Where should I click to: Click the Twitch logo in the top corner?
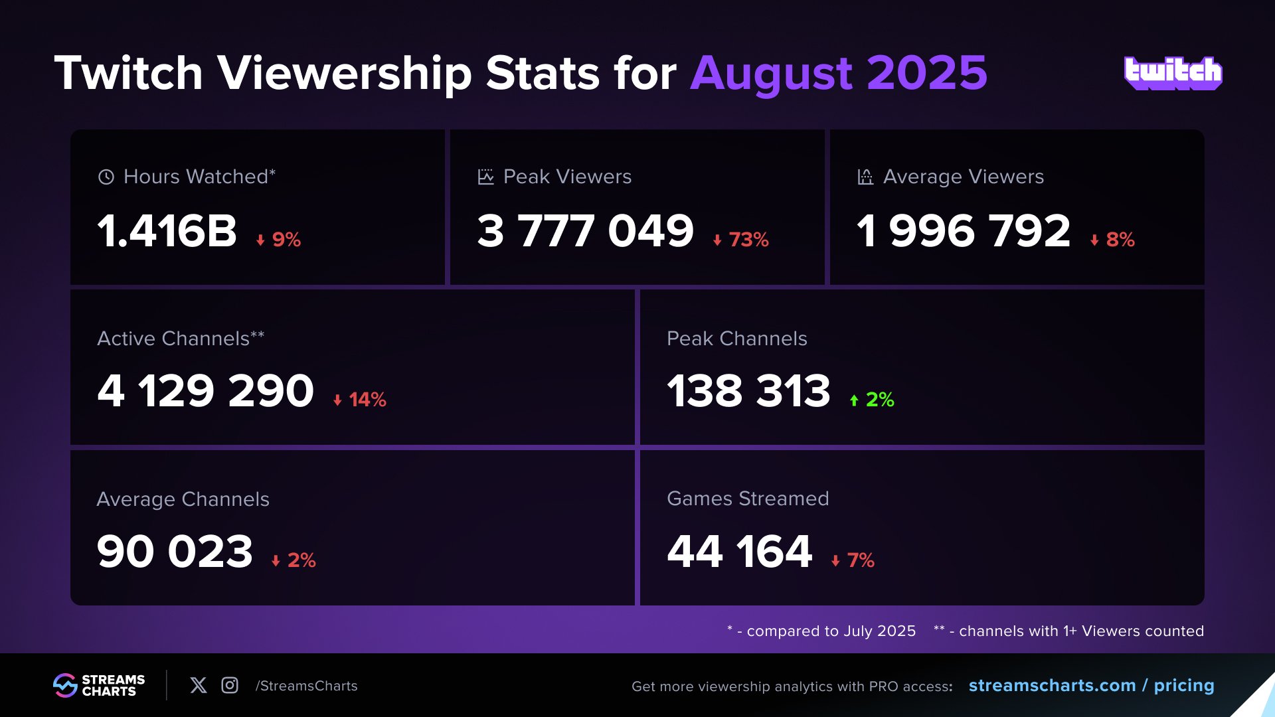tap(1173, 73)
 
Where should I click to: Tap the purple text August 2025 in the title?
tap(839, 73)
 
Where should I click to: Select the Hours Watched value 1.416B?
tap(167, 231)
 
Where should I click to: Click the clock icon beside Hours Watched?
tap(106, 177)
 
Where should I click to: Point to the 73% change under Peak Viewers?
tap(741, 239)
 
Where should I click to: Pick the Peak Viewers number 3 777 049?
tap(585, 231)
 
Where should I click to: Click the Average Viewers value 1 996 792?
tap(964, 231)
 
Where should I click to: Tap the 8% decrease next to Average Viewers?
tap(1113, 239)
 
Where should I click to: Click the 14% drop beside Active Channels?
tap(360, 400)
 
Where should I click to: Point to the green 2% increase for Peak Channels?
tap(873, 400)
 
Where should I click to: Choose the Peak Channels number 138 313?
tap(748, 390)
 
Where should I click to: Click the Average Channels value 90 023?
tap(175, 551)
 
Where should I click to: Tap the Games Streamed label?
tap(748, 499)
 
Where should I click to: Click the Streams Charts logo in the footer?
tap(99, 685)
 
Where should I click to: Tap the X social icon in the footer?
tap(199, 685)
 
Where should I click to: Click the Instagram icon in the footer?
tap(230, 685)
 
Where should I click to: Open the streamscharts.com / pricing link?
tap(1091, 685)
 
